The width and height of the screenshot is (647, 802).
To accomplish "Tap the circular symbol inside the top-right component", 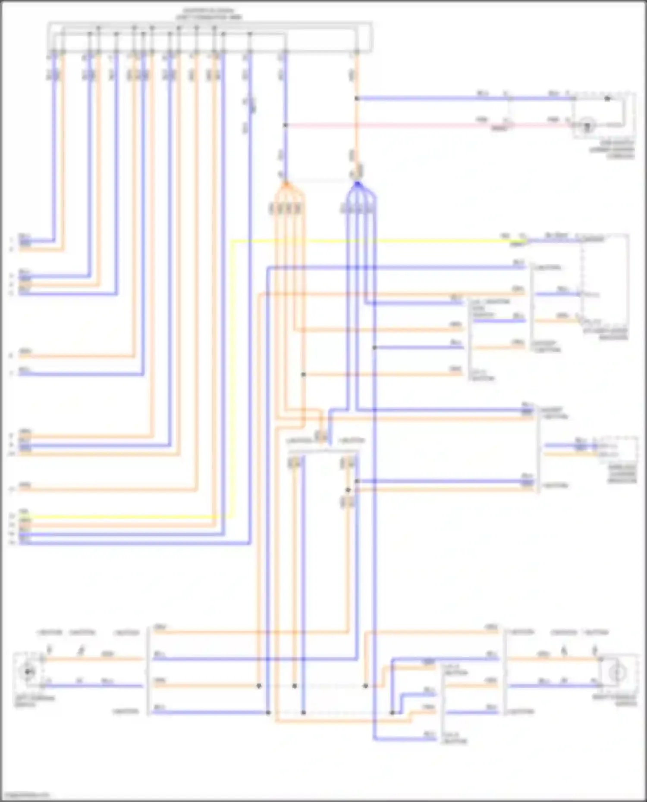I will [x=587, y=126].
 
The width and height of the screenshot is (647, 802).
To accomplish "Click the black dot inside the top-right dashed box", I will [x=607, y=99].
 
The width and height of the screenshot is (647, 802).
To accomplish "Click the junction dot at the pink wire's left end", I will [x=285, y=125].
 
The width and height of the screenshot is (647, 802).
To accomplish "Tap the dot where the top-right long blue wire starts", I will [x=357, y=99].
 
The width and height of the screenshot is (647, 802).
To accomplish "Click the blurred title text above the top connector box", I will [x=209, y=14].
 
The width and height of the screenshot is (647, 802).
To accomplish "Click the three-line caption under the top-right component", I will [x=612, y=149].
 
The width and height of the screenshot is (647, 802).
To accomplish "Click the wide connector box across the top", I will [x=210, y=38].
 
